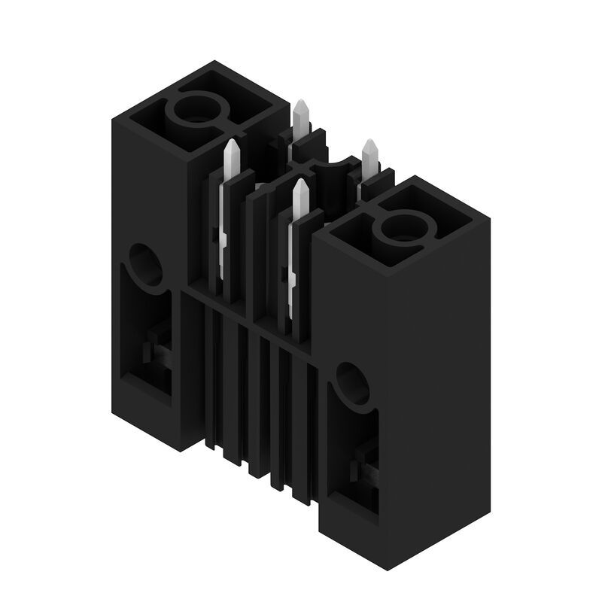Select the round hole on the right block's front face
pos(353,383)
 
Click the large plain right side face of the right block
pos(436,391)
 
